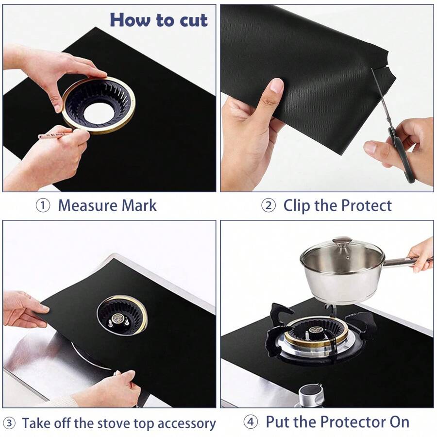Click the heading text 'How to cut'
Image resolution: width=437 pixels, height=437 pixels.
point(158,20)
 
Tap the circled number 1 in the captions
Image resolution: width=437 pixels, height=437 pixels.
point(43,205)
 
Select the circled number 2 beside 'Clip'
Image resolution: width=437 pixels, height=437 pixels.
point(268,205)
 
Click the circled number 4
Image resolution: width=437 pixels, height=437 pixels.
point(251,422)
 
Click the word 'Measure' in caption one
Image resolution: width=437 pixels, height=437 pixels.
point(87,205)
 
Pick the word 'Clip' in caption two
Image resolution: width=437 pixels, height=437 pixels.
point(297,205)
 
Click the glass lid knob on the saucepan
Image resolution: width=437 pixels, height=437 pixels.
point(342,241)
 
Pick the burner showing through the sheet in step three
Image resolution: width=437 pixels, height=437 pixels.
point(122,314)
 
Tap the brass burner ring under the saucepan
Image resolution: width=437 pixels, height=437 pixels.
point(316,336)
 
